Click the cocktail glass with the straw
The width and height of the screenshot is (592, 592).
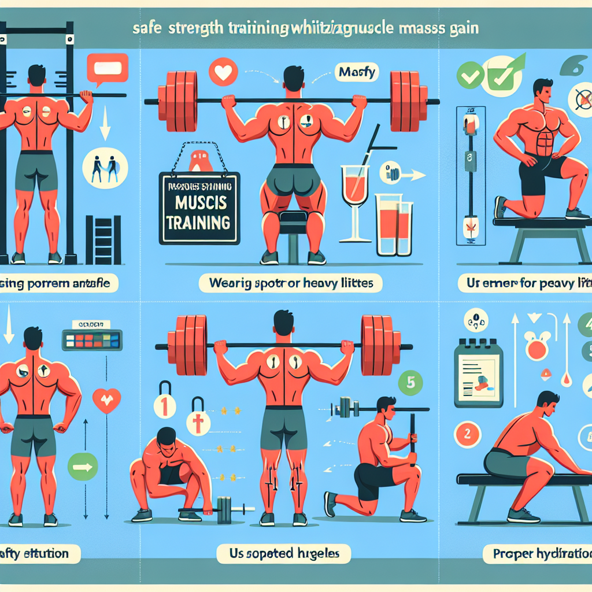354,197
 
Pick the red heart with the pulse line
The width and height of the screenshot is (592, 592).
106,399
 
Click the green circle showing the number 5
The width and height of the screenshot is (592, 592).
412,382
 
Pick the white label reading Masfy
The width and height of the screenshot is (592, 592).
349,74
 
